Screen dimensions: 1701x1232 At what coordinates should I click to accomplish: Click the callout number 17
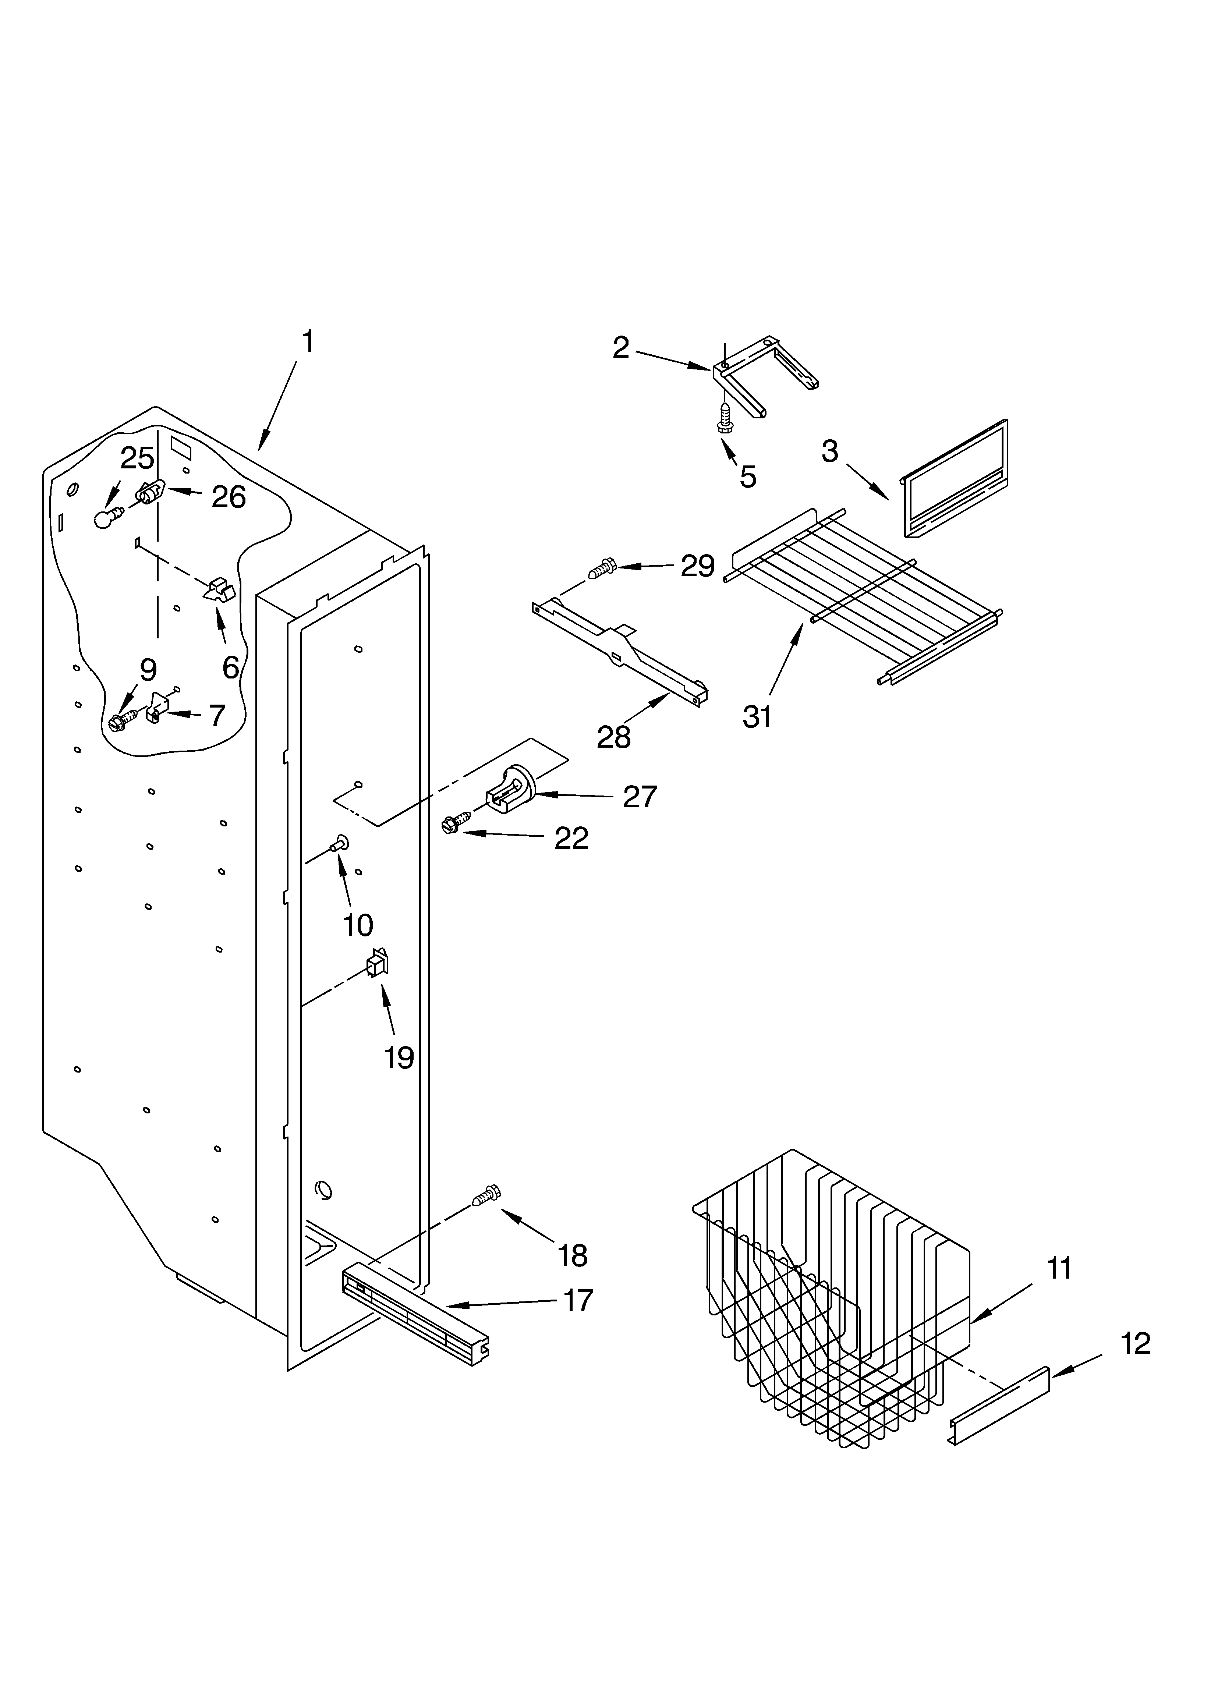(x=578, y=1300)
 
